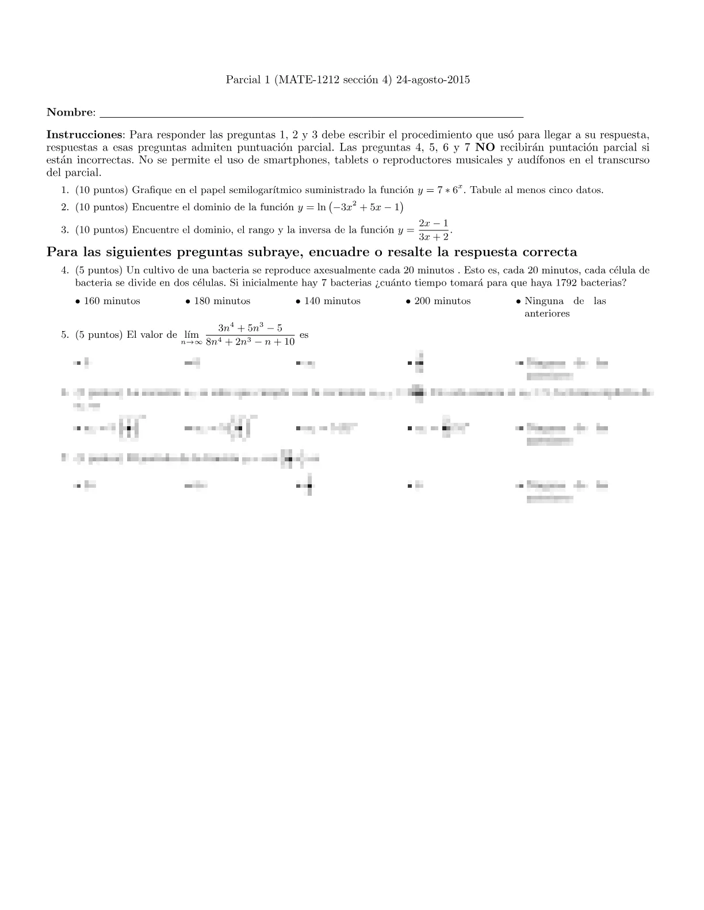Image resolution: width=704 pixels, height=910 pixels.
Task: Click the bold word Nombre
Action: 69,112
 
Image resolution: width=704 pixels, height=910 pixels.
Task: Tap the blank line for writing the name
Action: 311,114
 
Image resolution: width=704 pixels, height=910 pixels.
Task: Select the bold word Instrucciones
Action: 84,135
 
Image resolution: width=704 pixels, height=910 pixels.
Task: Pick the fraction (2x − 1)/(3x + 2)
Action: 434,230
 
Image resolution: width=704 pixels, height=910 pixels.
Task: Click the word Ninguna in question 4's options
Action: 544,301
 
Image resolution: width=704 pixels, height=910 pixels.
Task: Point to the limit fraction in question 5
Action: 250,335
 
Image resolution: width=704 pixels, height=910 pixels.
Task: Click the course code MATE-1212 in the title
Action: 304,80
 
